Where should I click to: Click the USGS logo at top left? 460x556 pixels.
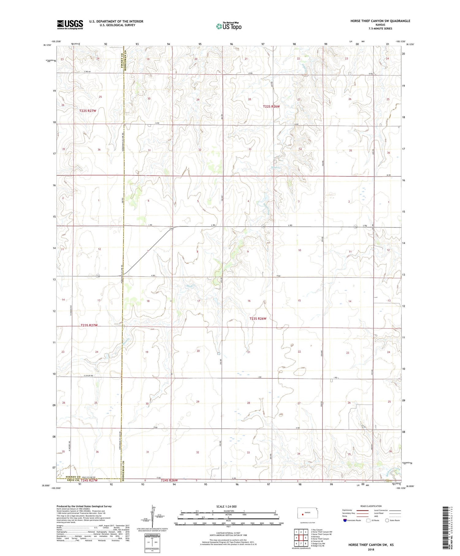pyautogui.click(x=70, y=25)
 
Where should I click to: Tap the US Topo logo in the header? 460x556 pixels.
pyautogui.click(x=228, y=26)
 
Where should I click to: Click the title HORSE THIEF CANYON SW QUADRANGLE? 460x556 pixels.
pyautogui.click(x=380, y=21)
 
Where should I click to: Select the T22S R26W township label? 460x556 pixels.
pyautogui.click(x=271, y=106)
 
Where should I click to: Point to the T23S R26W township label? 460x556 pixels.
pyautogui.click(x=258, y=319)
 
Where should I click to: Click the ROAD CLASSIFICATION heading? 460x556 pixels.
pyautogui.click(x=371, y=506)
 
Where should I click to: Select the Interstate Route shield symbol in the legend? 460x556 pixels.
pyautogui.click(x=345, y=520)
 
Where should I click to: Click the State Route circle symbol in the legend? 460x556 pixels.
pyautogui.click(x=387, y=520)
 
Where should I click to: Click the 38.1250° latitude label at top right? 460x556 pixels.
pyautogui.click(x=410, y=44)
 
